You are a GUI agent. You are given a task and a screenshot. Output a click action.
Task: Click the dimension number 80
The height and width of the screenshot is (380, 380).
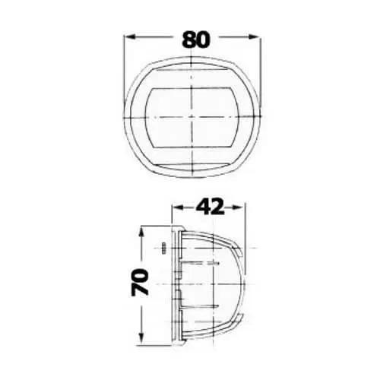pyautogui.click(x=196, y=40)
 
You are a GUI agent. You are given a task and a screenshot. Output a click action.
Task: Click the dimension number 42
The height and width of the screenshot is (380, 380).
pyautogui.click(x=211, y=207)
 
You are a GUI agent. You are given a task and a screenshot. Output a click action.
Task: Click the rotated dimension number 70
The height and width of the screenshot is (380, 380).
pyautogui.click(x=140, y=283)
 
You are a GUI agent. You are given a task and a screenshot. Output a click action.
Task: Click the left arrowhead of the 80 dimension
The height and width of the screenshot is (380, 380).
pyautogui.click(x=130, y=37)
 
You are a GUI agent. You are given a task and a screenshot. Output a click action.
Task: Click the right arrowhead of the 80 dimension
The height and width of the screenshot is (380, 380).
pyautogui.click(x=255, y=37)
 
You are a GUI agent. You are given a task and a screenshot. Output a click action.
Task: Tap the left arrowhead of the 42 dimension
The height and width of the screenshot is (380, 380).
pyautogui.click(x=178, y=207)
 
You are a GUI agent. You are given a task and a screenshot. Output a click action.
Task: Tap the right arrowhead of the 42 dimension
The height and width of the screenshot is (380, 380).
pyautogui.click(x=239, y=207)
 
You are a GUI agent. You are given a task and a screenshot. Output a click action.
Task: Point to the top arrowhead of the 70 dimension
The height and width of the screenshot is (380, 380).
pyautogui.click(x=141, y=233)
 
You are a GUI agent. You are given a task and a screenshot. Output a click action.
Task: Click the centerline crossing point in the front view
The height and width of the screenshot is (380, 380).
pyautogui.click(x=192, y=117)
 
